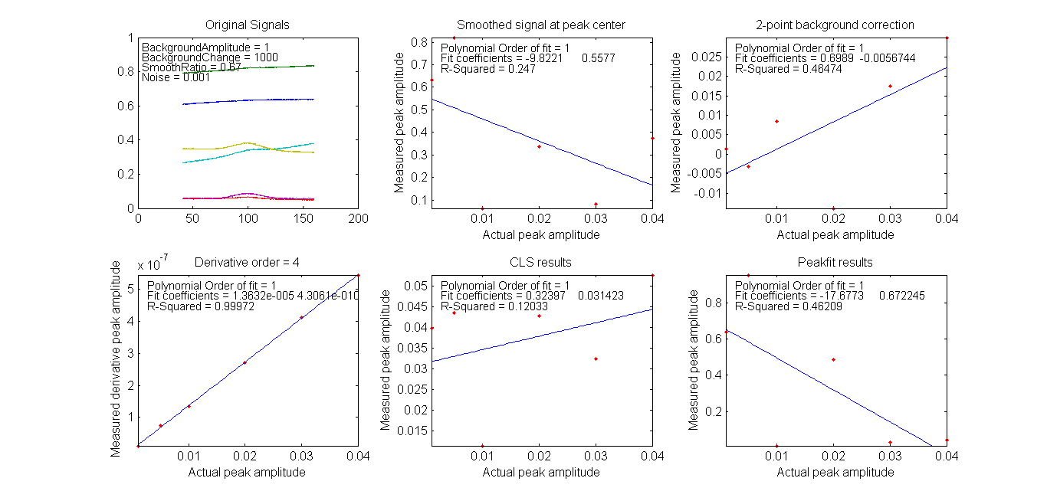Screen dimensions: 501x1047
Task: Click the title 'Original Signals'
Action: pyautogui.click(x=248, y=25)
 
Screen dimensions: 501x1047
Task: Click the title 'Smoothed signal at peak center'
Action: pyautogui.click(x=541, y=25)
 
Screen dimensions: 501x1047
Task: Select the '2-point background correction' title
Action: pyautogui.click(x=835, y=25)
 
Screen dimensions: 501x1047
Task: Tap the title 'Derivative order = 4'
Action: pyautogui.click(x=248, y=263)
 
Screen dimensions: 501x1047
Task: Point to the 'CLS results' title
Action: pyautogui.click(x=541, y=263)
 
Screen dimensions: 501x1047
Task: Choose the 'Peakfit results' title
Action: pyautogui.click(x=835, y=263)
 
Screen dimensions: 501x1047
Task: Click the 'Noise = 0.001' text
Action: pyautogui.click(x=176, y=77)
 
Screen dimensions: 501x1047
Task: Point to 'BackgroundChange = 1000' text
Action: pyautogui.click(x=209, y=57)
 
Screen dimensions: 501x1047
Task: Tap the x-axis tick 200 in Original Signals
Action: pyautogui.click(x=358, y=218)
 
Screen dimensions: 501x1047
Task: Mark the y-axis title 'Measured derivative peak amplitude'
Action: pyautogui.click(x=116, y=359)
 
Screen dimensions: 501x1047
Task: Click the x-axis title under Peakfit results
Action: pyautogui.click(x=835, y=473)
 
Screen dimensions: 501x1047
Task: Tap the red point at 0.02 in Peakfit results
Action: pyautogui.click(x=833, y=359)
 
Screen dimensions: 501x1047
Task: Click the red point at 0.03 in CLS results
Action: pyautogui.click(x=596, y=359)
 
